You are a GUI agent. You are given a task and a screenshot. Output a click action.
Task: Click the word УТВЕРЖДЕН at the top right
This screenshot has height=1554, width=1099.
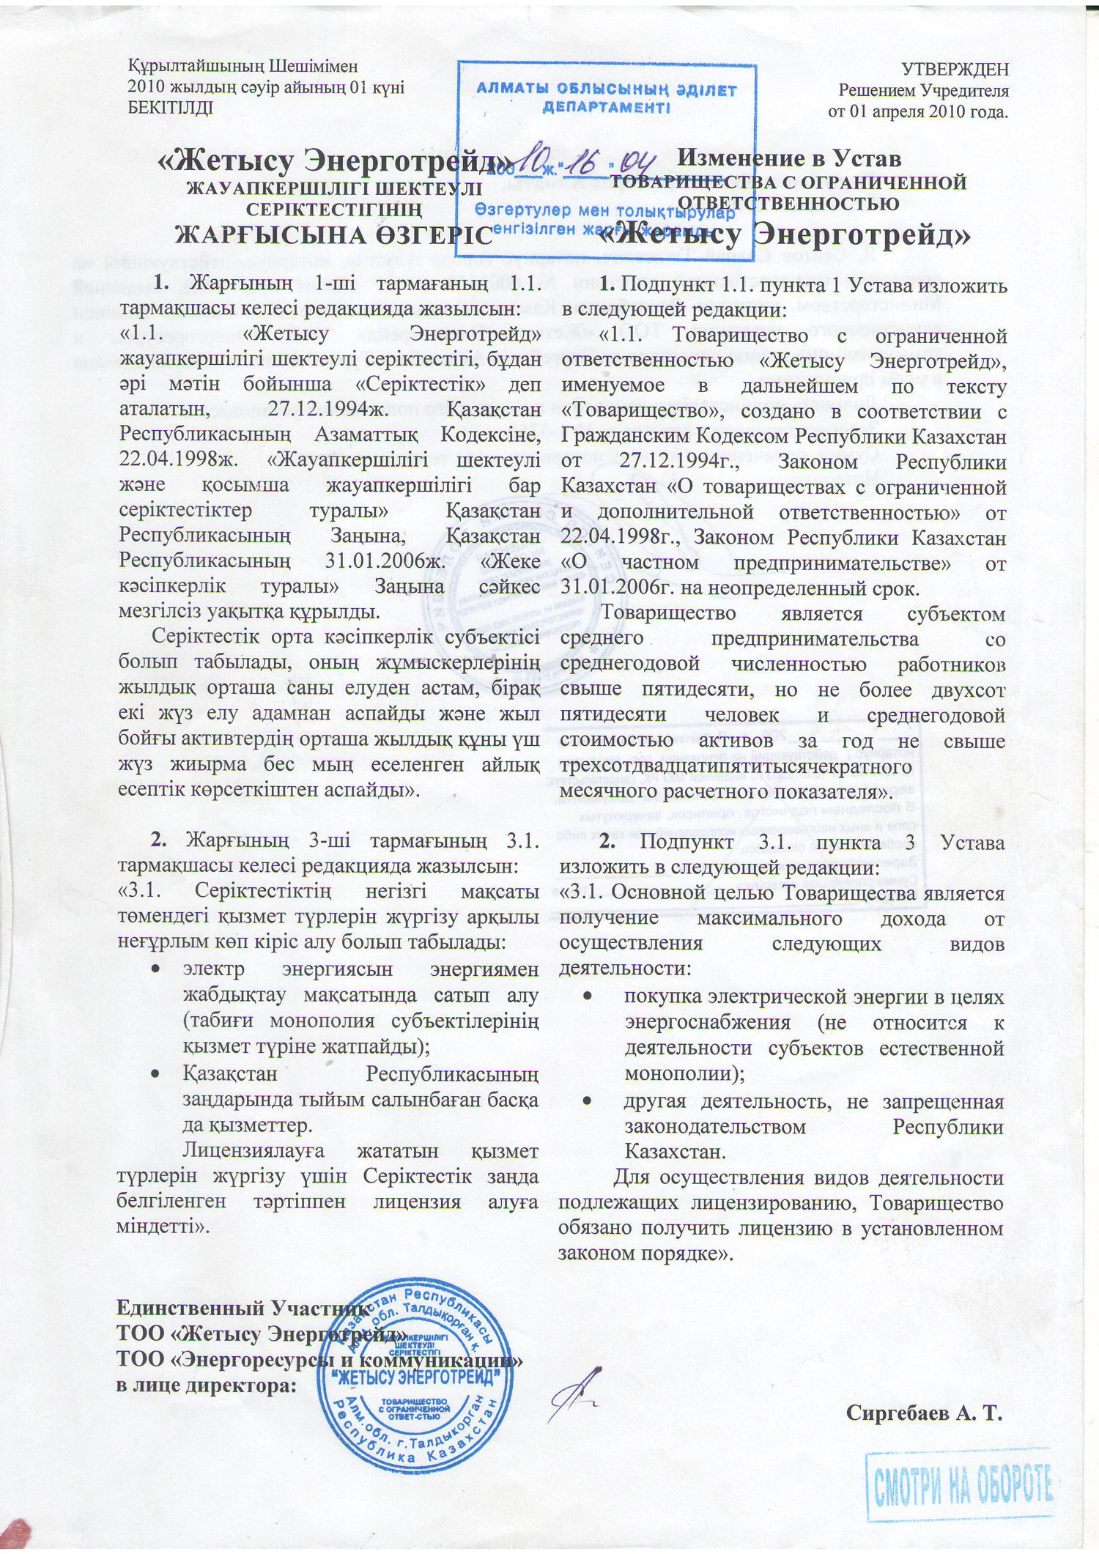(x=954, y=70)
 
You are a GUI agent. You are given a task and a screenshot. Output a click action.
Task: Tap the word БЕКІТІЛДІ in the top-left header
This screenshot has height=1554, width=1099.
(x=171, y=108)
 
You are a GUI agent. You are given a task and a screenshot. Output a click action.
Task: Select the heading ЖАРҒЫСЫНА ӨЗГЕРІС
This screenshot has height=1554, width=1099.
(x=333, y=235)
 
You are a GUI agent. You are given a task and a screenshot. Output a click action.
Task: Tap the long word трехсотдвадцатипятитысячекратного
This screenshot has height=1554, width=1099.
(x=736, y=766)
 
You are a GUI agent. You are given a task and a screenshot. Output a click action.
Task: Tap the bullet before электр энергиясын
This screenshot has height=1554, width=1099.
(x=155, y=969)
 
